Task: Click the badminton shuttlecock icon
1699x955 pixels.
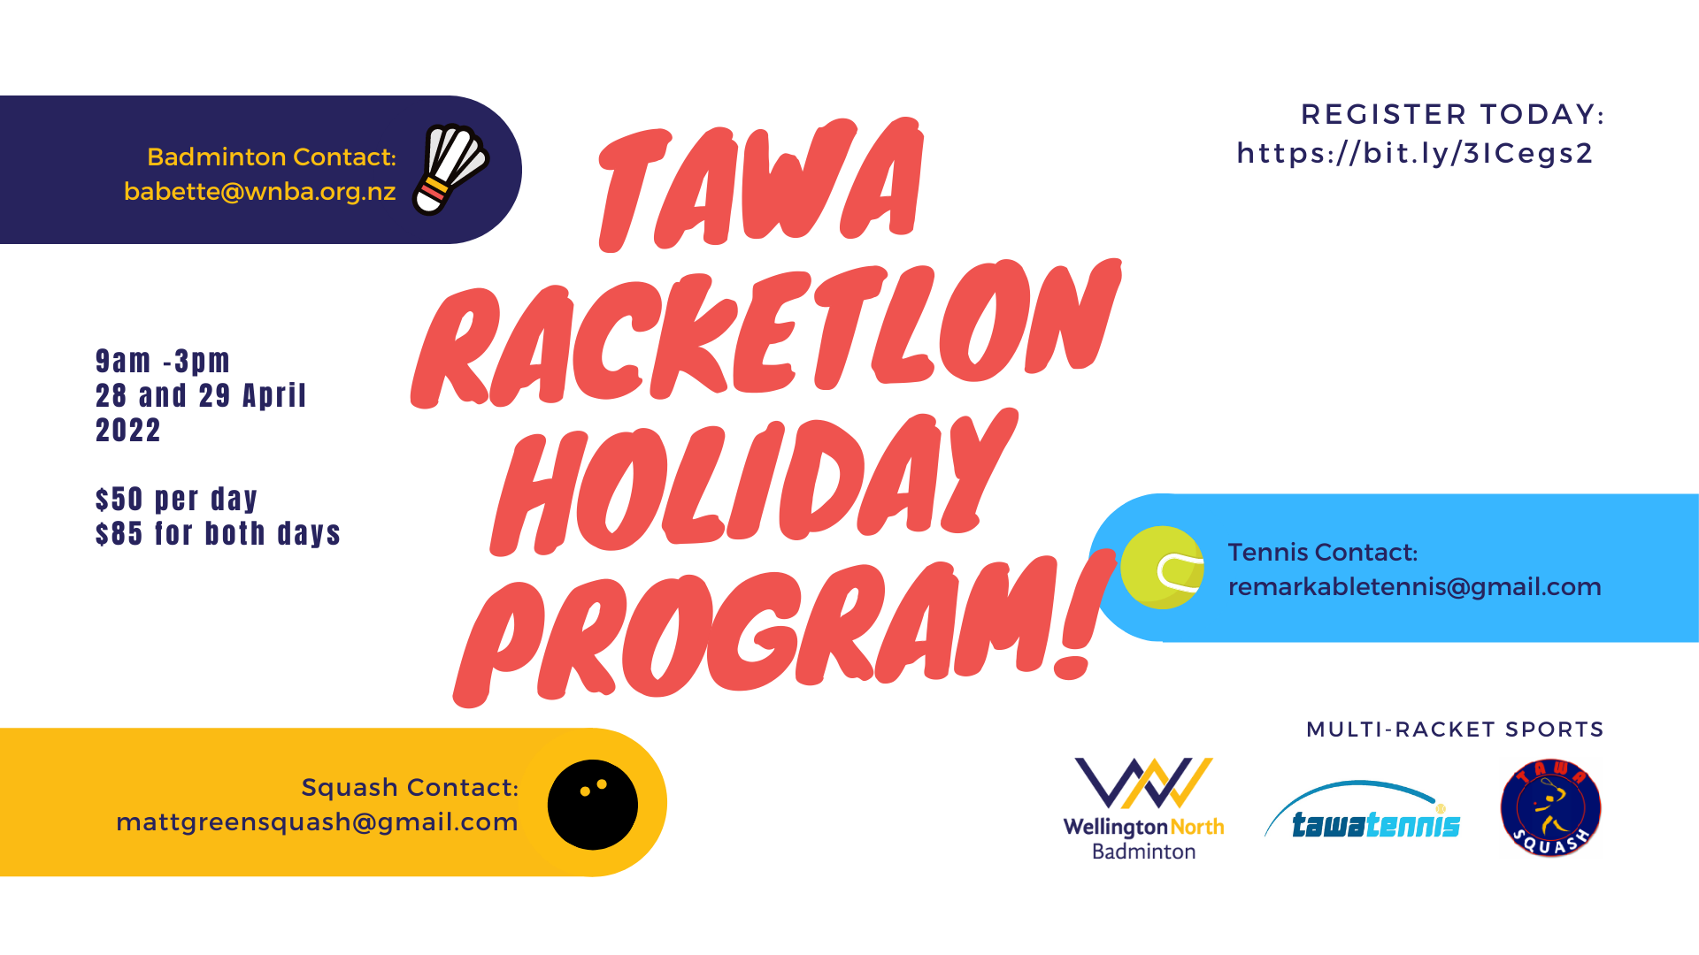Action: click(450, 170)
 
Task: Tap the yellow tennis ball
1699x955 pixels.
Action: click(1162, 568)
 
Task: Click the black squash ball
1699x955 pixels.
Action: click(593, 805)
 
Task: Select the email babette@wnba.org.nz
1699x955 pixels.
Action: click(259, 192)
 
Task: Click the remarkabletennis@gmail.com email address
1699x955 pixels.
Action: click(1414, 587)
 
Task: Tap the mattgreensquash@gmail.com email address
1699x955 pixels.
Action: click(317, 822)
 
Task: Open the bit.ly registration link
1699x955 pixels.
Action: click(1414, 154)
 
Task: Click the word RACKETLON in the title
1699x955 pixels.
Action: click(765, 333)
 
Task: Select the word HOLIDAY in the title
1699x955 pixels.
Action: click(752, 482)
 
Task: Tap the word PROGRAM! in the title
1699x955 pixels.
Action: click(783, 630)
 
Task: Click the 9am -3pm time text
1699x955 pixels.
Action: click(163, 361)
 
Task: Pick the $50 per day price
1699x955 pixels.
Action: click(176, 500)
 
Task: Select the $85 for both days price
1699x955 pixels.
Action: click(218, 534)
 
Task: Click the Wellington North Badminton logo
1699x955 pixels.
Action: click(1143, 808)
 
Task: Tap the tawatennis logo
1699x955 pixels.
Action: click(1363, 810)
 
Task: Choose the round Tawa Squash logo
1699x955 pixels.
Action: click(1550, 807)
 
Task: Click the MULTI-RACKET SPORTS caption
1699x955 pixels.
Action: click(1455, 730)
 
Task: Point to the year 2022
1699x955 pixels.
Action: click(128, 431)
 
